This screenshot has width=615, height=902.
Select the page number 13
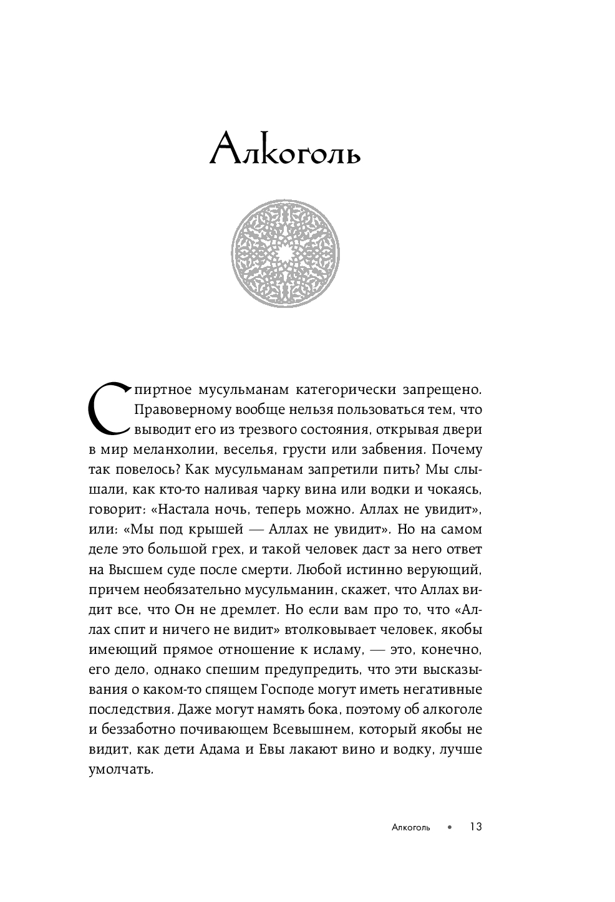476,827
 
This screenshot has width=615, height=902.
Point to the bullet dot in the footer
449,828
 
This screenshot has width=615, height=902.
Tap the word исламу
336,650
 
